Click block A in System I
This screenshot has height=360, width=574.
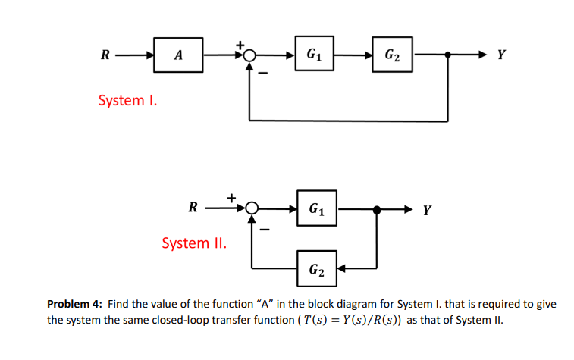(x=178, y=55)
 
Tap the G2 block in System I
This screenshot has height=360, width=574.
(x=393, y=55)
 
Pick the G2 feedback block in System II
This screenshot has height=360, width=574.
(x=317, y=268)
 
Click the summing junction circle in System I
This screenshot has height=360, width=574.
(x=250, y=55)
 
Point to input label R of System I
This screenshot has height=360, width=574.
(x=105, y=55)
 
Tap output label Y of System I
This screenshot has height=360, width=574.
(x=501, y=55)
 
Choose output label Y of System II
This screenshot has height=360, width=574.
(x=428, y=209)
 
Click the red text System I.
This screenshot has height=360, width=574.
(x=127, y=100)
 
